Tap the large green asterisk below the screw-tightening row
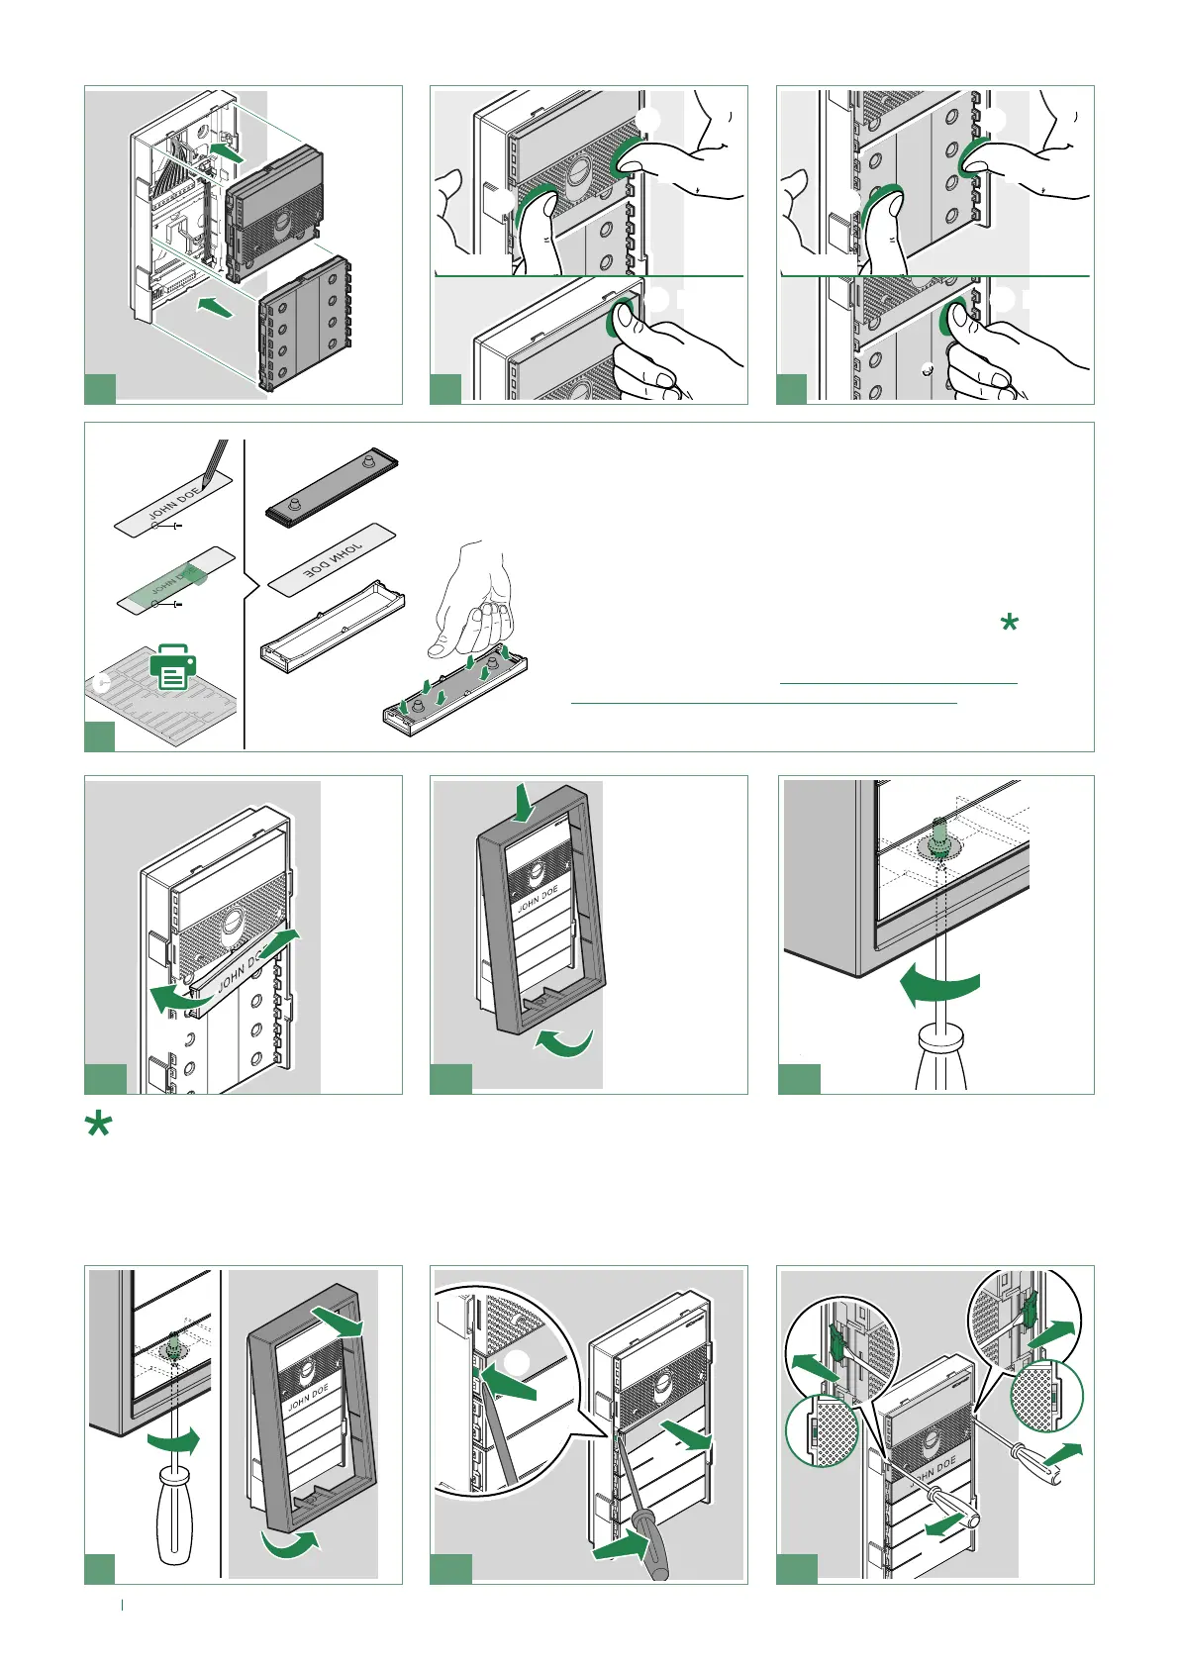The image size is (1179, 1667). point(98,1126)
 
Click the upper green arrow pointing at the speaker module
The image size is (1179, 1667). point(226,153)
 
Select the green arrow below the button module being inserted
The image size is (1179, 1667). point(214,306)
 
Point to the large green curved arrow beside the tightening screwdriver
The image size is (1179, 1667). point(940,986)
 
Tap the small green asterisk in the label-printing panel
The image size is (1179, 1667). point(1009,624)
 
